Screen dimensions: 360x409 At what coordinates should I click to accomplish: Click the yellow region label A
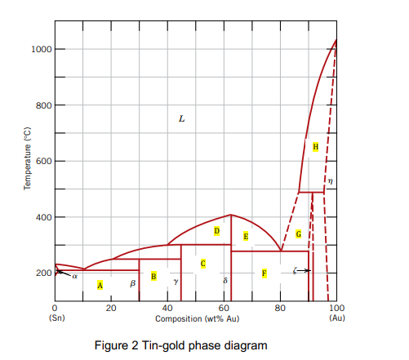click(x=100, y=285)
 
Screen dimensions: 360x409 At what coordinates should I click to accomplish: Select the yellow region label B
click(x=153, y=276)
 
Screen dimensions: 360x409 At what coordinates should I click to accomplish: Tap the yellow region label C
click(x=202, y=263)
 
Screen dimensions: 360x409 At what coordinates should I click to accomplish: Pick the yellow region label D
click(x=216, y=231)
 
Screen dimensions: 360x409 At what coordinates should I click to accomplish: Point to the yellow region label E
click(x=246, y=236)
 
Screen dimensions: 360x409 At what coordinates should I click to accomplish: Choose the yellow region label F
click(x=264, y=273)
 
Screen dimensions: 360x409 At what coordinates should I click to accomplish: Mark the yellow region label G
click(x=298, y=233)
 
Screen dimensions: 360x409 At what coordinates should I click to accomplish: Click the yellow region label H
click(x=315, y=146)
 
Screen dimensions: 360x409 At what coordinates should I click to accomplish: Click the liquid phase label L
click(x=181, y=119)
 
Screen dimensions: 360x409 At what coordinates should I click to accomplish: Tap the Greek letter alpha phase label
click(x=74, y=276)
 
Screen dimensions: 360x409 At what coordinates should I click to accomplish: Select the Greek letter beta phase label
click(x=132, y=283)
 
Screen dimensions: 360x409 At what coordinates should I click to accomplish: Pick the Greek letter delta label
click(x=225, y=280)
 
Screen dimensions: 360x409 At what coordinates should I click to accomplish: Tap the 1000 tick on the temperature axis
click(x=42, y=49)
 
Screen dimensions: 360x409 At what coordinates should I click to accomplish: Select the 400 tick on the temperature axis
click(x=42, y=217)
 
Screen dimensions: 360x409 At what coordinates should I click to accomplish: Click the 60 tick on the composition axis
click(x=224, y=308)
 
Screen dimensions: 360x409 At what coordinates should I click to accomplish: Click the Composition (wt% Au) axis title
click(x=197, y=318)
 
